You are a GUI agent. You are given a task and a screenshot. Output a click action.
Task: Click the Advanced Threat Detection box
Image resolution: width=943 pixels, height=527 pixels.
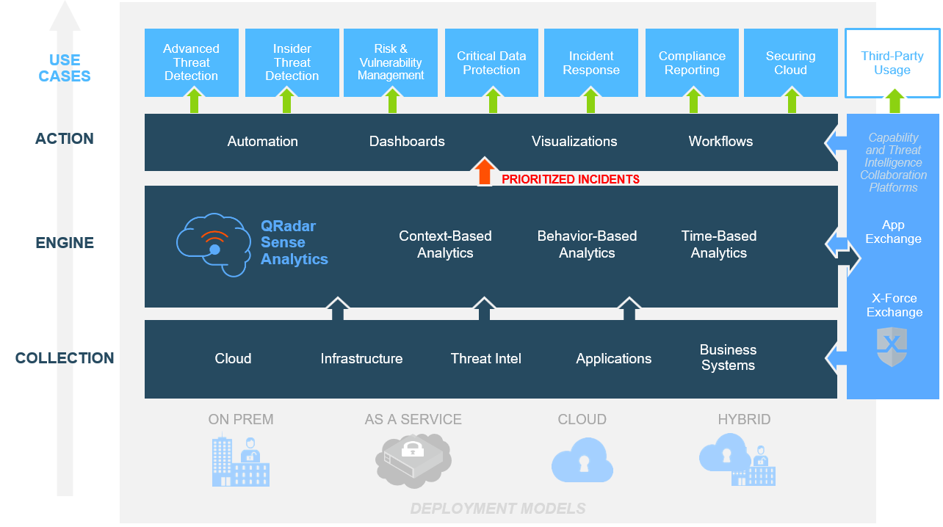point(191,62)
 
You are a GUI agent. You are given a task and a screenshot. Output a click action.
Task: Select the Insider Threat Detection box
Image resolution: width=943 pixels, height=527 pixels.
point(292,62)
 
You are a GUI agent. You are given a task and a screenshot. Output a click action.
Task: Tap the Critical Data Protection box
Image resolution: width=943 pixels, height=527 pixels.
point(491,63)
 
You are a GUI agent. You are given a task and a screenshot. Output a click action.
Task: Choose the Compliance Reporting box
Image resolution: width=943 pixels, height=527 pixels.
point(692,63)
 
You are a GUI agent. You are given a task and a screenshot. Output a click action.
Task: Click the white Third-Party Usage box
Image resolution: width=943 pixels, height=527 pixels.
point(892,63)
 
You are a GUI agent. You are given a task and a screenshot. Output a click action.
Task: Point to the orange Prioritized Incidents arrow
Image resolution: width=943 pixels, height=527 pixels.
point(484,172)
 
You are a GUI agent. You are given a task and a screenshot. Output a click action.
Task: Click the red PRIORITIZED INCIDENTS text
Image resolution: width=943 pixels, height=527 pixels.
point(571,179)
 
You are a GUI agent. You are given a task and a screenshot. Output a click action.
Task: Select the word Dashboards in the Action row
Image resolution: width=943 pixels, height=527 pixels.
point(407,142)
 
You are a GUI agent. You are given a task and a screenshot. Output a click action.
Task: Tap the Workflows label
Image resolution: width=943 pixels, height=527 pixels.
point(720,142)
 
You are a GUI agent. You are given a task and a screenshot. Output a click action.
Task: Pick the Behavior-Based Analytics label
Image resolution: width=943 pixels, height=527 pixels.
point(587,244)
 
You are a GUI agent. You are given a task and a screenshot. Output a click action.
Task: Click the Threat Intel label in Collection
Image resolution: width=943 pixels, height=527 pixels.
point(486,359)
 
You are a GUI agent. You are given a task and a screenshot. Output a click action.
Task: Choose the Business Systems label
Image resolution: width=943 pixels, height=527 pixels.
point(728,357)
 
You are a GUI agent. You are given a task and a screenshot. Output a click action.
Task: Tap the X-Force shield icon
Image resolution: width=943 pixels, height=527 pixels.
point(892,346)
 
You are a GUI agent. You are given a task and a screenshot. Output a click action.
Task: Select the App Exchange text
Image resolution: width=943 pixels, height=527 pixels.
point(893,232)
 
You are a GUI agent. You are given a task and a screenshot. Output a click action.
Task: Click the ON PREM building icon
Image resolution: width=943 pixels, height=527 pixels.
point(240,461)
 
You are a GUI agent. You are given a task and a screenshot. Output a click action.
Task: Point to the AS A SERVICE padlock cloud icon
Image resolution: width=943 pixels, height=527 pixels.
point(413,459)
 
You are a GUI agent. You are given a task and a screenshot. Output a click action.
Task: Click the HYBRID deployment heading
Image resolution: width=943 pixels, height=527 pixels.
point(744,420)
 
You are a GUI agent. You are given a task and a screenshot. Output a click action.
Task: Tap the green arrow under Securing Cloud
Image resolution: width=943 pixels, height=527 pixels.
point(792,100)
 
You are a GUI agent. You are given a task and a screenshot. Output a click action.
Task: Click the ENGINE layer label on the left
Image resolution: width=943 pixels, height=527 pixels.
point(65,243)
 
